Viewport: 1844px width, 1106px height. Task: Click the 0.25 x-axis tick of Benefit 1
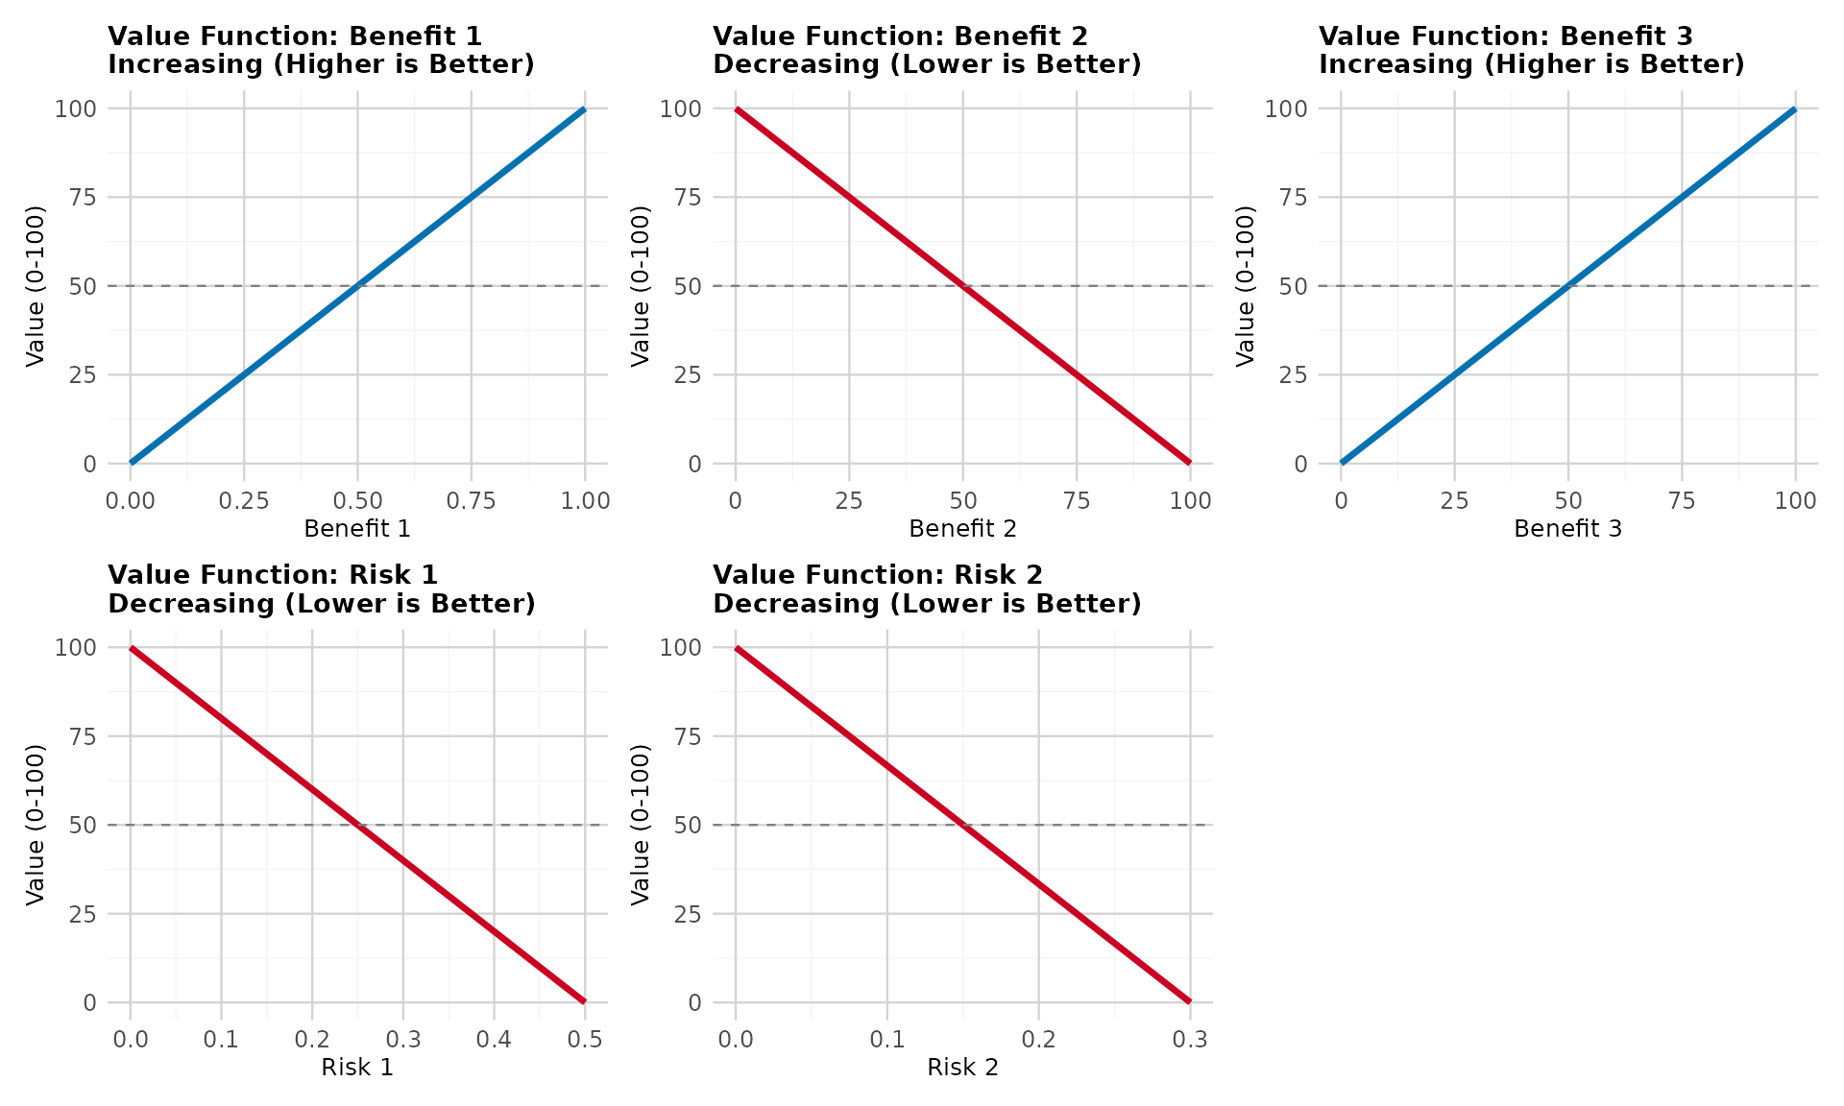pyautogui.click(x=244, y=501)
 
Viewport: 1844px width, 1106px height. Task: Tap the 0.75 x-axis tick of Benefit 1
pyautogui.click(x=471, y=501)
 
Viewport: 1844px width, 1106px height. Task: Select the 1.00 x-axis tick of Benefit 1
pyautogui.click(x=584, y=501)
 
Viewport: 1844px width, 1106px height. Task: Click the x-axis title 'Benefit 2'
pyautogui.click(x=962, y=529)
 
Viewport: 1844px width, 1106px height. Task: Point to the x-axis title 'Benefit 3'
pyautogui.click(x=1567, y=529)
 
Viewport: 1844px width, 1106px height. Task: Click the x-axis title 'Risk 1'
pyautogui.click(x=357, y=1068)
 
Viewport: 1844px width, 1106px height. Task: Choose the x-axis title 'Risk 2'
pyautogui.click(x=962, y=1068)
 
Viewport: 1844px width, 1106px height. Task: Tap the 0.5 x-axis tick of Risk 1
pyautogui.click(x=584, y=1040)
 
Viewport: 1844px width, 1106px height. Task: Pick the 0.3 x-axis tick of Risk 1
pyautogui.click(x=402, y=1040)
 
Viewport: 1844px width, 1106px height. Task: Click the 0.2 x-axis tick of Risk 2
pyautogui.click(x=1038, y=1040)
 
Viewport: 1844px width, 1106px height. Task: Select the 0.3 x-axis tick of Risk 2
pyautogui.click(x=1189, y=1040)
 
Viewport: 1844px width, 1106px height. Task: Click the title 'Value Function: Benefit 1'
pyautogui.click(x=295, y=36)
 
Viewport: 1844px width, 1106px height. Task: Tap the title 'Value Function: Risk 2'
pyautogui.click(x=878, y=575)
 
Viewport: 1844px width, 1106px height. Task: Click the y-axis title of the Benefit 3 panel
pyautogui.click(x=1246, y=286)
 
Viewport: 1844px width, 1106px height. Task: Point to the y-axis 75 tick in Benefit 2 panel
pyautogui.click(x=688, y=198)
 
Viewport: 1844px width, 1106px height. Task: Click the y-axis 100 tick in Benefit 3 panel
pyautogui.click(x=1286, y=108)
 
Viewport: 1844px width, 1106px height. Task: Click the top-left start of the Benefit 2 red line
pyautogui.click(x=737, y=109)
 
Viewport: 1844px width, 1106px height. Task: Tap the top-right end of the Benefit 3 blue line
pyautogui.click(x=1794, y=109)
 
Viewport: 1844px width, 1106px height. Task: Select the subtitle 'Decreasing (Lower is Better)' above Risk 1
pyautogui.click(x=321, y=604)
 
